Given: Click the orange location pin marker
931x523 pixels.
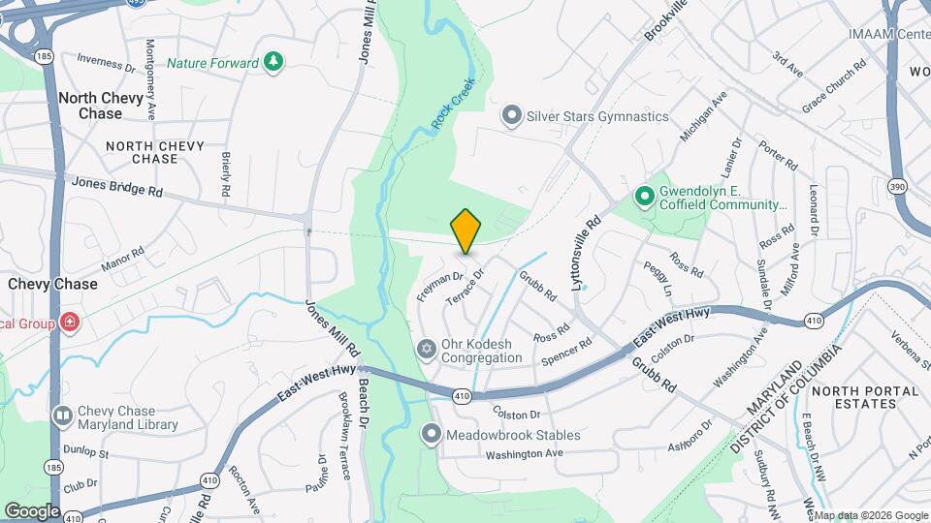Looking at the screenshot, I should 465,231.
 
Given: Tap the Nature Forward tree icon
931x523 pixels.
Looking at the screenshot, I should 275,63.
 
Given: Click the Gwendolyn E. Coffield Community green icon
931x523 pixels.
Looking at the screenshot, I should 643,197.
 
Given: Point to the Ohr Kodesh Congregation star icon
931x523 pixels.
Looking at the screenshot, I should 426,349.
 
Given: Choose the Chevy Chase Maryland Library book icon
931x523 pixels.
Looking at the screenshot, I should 62,416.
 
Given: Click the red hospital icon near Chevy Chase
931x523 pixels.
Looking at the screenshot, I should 69,323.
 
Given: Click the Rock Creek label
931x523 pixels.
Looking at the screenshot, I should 453,104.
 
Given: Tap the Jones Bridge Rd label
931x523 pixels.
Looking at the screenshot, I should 116,186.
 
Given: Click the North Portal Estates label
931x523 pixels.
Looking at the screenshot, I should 865,397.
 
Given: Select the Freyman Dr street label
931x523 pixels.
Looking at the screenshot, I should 440,286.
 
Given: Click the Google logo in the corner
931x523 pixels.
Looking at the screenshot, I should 32,510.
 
